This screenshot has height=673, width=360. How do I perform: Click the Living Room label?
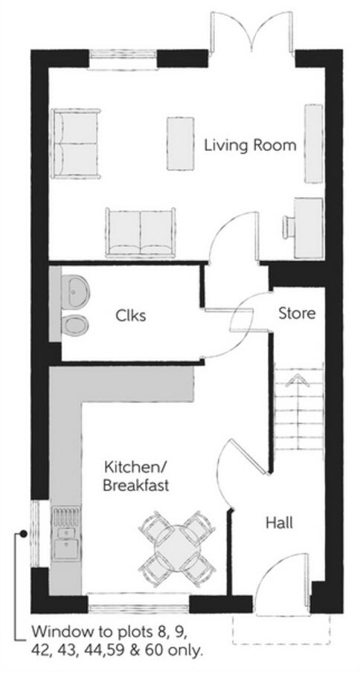coord(250,145)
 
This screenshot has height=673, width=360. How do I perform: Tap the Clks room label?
coord(130,315)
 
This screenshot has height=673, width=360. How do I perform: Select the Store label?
coord(297,313)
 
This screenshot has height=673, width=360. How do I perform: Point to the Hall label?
coord(279,523)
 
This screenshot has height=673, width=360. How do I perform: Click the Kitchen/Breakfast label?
coord(135,477)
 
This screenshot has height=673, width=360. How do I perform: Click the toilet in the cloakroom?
coord(75,324)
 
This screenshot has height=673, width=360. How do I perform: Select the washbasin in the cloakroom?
coord(74,289)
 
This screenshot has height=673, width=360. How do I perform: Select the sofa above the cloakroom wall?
coord(141,232)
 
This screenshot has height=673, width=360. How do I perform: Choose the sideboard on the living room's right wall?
coord(313,143)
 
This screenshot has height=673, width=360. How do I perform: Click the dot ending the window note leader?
coord(25,533)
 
